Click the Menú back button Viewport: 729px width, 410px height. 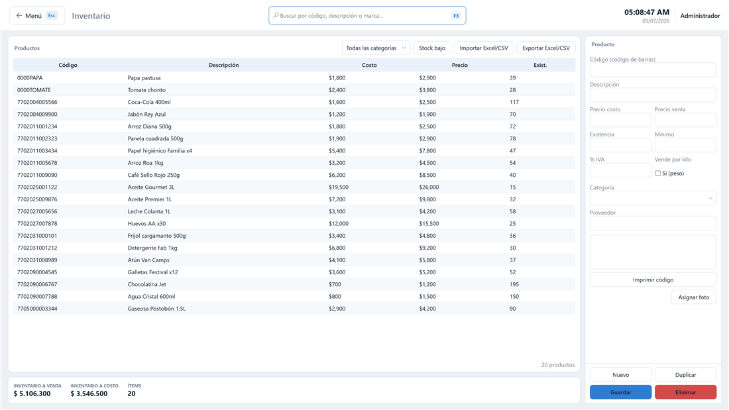tap(36, 16)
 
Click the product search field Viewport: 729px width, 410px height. tap(367, 16)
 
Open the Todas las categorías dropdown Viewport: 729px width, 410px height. tap(376, 48)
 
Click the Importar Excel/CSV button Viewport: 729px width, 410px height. tap(484, 48)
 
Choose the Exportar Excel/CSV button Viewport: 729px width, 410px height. tap(546, 48)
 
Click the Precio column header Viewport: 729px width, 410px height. tap(460, 65)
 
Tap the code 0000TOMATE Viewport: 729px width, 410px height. tap(34, 90)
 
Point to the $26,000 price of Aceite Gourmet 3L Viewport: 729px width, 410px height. tap(429, 187)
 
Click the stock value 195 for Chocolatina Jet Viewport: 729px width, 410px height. tap(514, 285)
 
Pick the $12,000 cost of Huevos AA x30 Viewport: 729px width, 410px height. tap(339, 224)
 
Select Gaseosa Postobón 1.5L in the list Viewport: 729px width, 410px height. tap(156, 309)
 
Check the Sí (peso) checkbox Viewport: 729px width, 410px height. tap(658, 174)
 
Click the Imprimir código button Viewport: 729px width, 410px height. tap(653, 280)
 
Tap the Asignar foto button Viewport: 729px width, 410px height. tap(694, 297)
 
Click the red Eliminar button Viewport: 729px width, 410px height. tap(685, 392)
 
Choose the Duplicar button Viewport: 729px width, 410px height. tap(685, 375)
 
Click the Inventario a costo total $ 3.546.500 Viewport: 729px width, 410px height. tap(89, 393)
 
